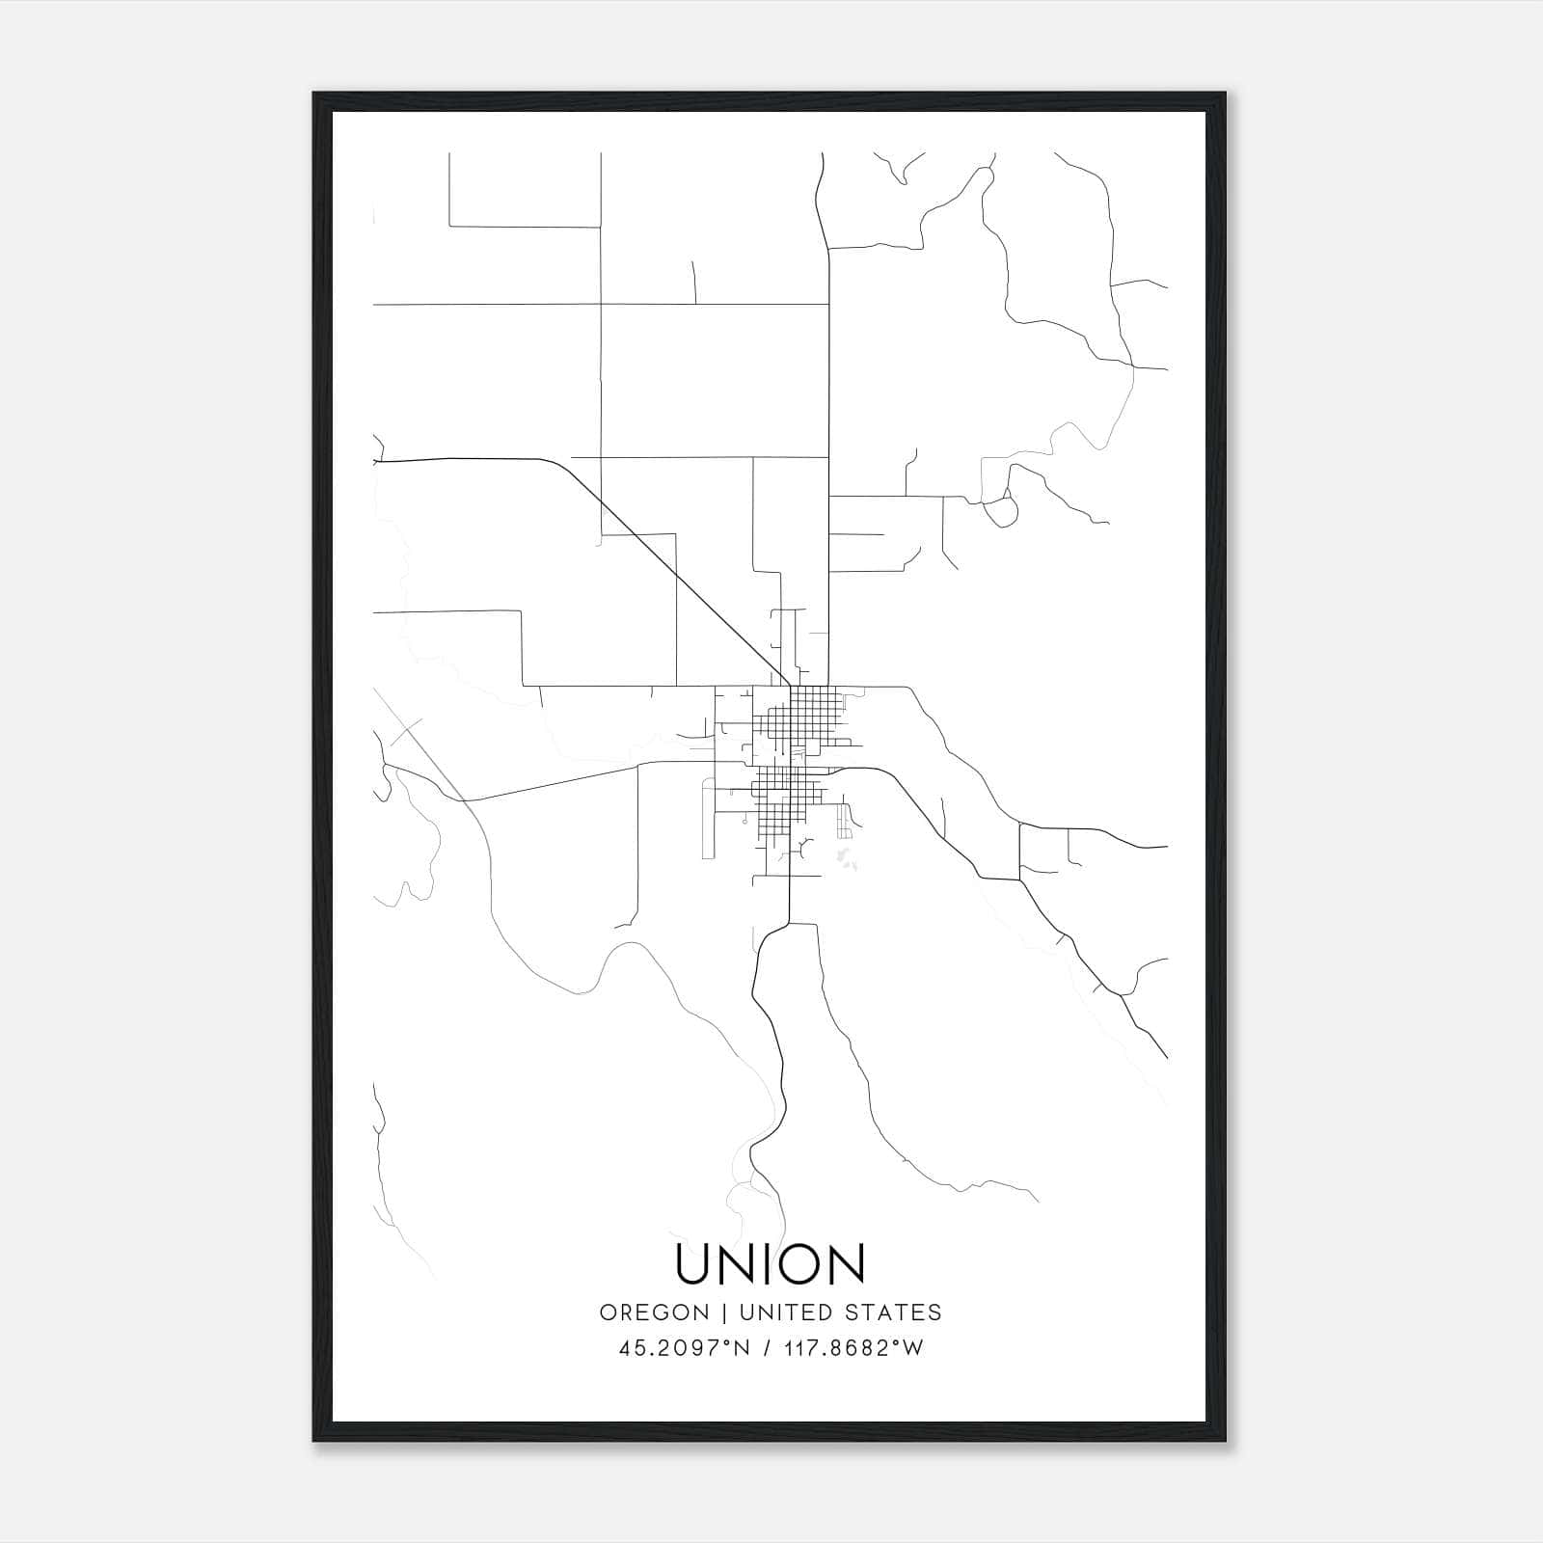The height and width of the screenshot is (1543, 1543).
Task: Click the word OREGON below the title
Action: coord(654,1313)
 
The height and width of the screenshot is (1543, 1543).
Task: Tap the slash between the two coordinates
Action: coord(767,1348)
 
